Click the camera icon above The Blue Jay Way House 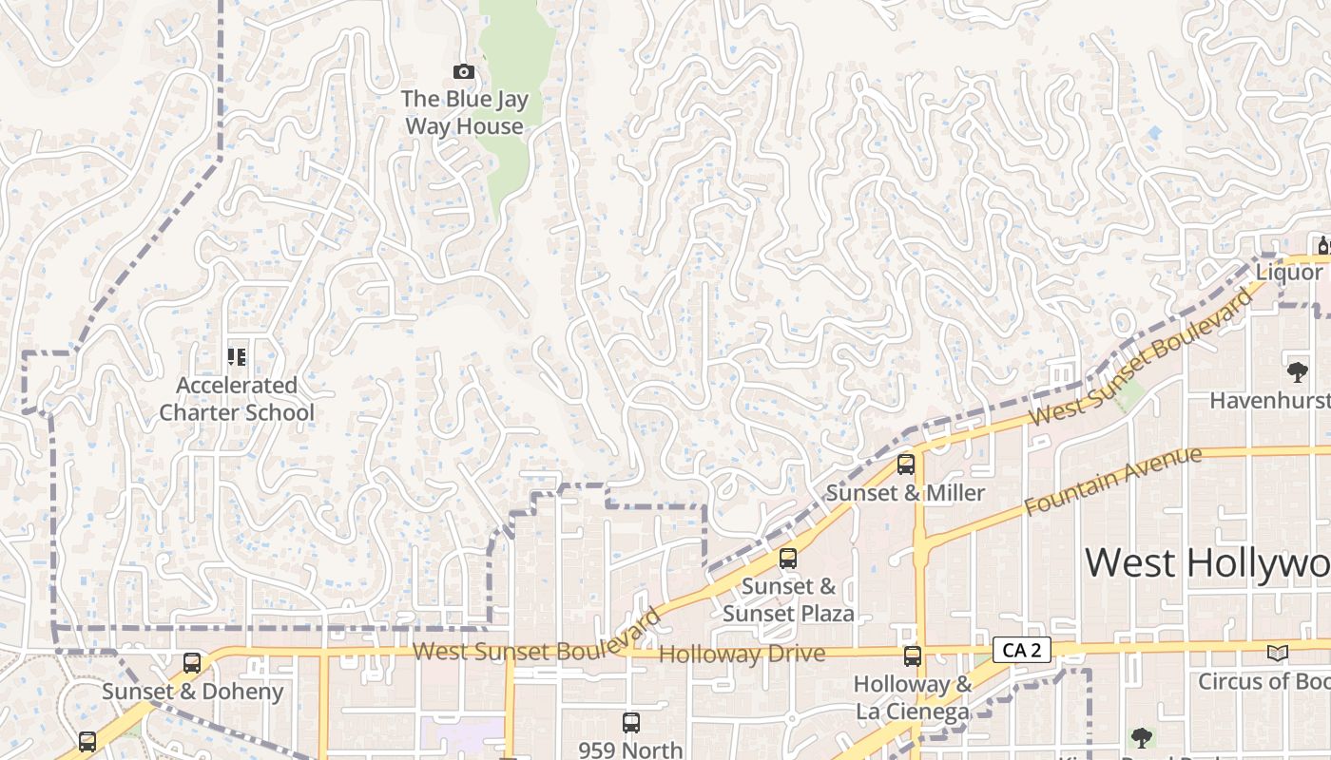click(x=464, y=71)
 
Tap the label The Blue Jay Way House click(x=464, y=112)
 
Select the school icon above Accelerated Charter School click(x=237, y=357)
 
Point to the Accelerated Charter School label click(x=237, y=399)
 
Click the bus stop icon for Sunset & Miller click(x=906, y=465)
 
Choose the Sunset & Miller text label click(x=905, y=493)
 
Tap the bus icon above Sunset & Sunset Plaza click(x=787, y=559)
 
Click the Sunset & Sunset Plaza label click(x=788, y=599)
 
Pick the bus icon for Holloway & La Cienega click(x=913, y=655)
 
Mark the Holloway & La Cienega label click(x=913, y=697)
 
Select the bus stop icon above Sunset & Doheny click(x=192, y=663)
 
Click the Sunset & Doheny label click(x=192, y=692)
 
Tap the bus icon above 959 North click(x=630, y=723)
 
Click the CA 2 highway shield click(x=1022, y=650)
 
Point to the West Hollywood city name click(x=1207, y=562)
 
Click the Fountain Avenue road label click(x=1112, y=482)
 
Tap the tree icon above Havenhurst click(x=1296, y=370)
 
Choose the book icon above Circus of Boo click(x=1277, y=653)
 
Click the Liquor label click(x=1289, y=273)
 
